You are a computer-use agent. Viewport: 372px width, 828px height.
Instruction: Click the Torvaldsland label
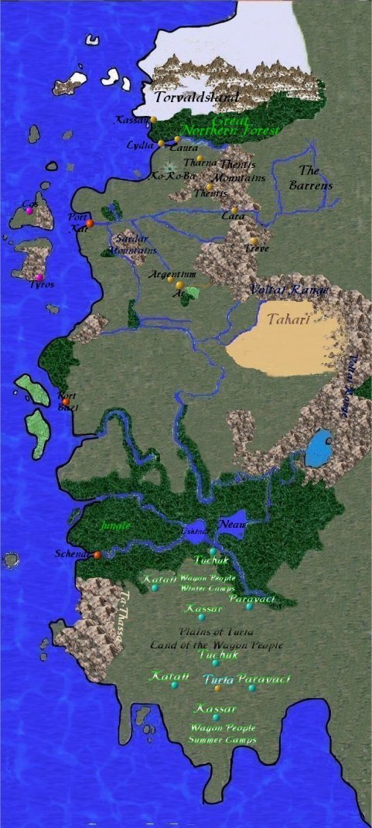pos(196,98)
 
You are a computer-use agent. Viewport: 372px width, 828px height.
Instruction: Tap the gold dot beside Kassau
pos(153,119)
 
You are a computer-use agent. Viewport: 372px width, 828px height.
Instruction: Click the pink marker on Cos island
pos(29,210)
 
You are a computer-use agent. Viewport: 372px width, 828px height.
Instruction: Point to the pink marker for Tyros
pos(39,277)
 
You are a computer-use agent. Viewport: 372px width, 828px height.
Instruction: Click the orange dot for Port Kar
pos(90,223)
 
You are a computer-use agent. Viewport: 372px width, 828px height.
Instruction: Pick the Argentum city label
pos(172,275)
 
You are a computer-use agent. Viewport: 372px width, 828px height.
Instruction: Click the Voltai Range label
pos(289,290)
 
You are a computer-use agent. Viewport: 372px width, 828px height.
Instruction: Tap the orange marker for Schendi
pos(97,555)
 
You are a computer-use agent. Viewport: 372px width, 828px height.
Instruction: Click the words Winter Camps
pos(203,588)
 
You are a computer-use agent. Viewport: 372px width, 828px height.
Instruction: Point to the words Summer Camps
pos(223,740)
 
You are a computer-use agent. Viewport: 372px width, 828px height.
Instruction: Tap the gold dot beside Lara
pos(234,210)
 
